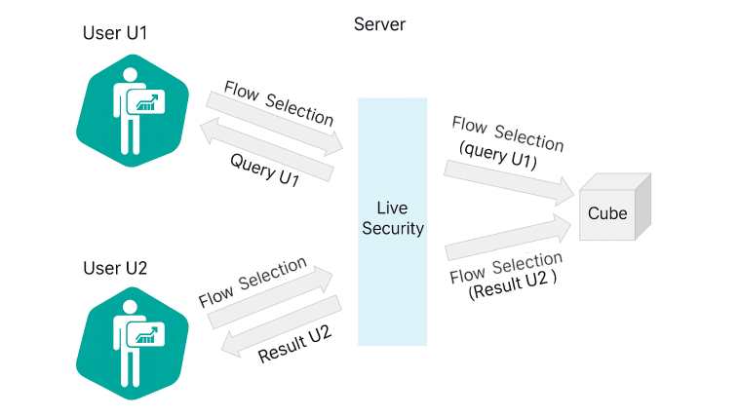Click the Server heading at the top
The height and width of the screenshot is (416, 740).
(379, 24)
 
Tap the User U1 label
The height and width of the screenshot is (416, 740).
(115, 34)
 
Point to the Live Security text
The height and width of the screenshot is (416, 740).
(393, 219)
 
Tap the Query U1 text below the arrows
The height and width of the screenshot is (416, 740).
(264, 169)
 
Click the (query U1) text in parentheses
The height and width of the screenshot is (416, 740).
(497, 155)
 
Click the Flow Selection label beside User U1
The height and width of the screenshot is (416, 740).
(279, 101)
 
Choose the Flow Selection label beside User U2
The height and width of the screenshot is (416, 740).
(253, 282)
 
